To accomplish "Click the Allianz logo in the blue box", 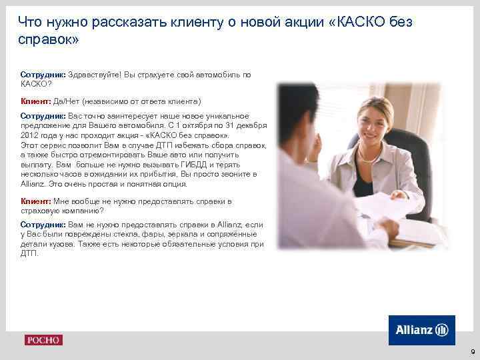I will click(x=421, y=329).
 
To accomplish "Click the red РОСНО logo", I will click(x=43, y=340).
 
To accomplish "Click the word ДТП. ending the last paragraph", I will click(x=29, y=253).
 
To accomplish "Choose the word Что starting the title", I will click(x=29, y=23).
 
